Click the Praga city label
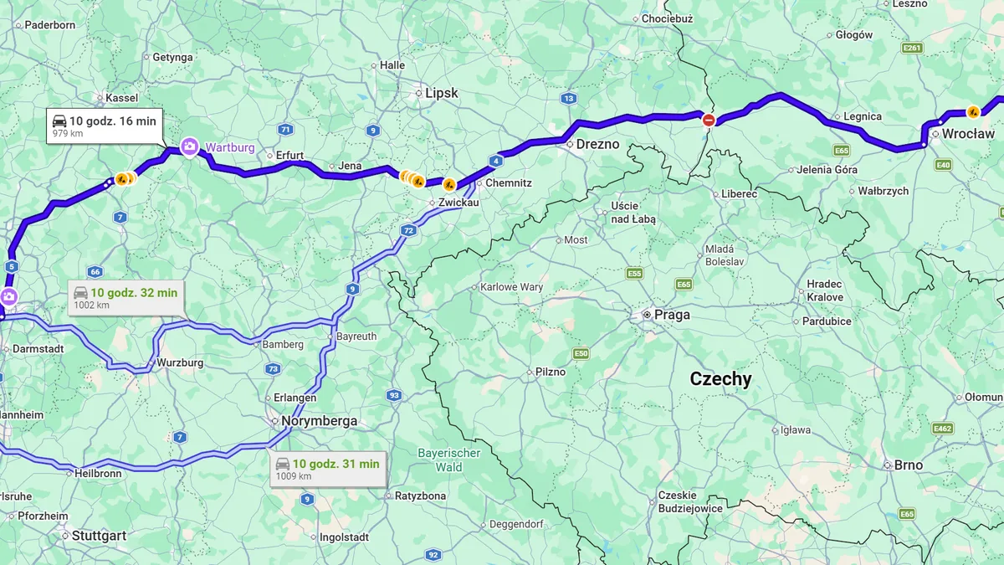coord(672,315)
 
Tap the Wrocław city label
coord(968,133)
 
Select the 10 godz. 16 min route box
coord(104,126)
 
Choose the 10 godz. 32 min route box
coord(125,297)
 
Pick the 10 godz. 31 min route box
coord(327,468)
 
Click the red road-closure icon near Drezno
coord(709,120)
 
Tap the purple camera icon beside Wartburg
coord(190,147)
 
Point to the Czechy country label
coord(720,379)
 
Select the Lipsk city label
coord(442,93)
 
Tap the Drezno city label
coord(597,144)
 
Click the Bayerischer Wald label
coord(449,460)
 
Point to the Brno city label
coord(908,465)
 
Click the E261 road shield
coord(912,49)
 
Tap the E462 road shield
coord(943,429)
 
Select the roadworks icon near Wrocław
coord(973,111)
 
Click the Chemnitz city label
coord(509,182)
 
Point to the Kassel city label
coord(122,98)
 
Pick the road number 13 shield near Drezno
coord(569,98)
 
